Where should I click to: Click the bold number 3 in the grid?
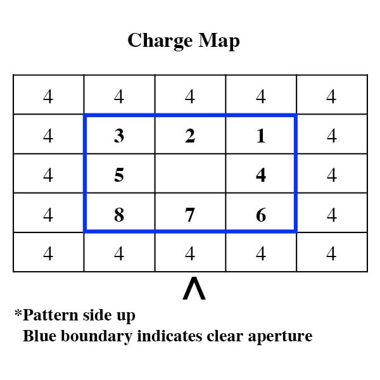coord(119,136)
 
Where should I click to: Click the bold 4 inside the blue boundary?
coord(261,175)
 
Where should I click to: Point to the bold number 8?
coord(119,215)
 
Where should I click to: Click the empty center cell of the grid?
coord(190,174)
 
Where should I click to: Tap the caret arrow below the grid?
coord(194,288)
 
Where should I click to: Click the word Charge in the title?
coord(160,41)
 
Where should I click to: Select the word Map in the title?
coord(219,41)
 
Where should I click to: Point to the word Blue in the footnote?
coord(40,336)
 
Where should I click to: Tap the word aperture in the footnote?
coord(280,337)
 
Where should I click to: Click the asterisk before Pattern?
coord(18,313)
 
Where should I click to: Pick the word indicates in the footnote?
coord(170,336)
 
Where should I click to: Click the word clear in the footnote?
coord(225,336)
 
